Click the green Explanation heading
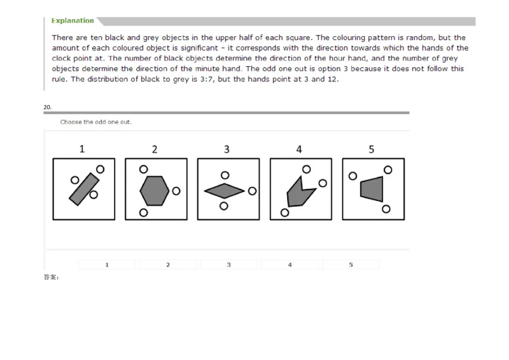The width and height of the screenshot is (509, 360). pos(73,20)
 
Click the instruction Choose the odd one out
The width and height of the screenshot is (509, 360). pos(95,121)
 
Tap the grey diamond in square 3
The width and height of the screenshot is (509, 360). pos(224,190)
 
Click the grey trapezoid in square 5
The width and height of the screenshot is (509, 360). pos(372,189)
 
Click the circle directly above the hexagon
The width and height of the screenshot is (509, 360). pos(143,169)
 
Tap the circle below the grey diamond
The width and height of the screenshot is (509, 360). pos(223,205)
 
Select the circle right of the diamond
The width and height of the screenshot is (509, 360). pos(252,191)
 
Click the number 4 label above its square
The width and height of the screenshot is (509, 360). pos(300,149)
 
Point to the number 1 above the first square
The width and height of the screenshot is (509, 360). pos(82,149)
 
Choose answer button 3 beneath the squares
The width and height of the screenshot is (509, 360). pos(228,265)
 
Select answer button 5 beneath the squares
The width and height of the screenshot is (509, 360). pos(351,265)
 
